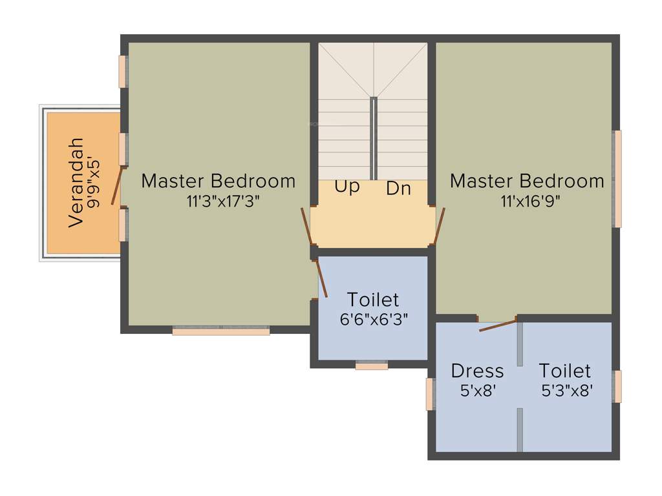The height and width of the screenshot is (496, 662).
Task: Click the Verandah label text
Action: point(76,182)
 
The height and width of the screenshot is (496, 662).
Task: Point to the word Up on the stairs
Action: point(347,187)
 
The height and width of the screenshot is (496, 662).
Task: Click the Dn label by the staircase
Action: point(399,189)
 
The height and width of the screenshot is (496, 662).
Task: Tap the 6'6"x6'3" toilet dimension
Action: point(374,319)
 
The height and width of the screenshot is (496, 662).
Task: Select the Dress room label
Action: point(477,371)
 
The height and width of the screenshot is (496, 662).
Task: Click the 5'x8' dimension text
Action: point(477,390)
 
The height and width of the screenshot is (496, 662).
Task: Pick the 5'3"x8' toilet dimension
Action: point(567,390)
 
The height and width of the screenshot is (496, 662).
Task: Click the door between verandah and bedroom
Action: point(116,185)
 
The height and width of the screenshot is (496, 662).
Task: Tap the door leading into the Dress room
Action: point(498,325)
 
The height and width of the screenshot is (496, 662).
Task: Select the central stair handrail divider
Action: point(374,138)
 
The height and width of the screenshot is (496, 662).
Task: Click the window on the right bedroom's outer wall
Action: point(617,179)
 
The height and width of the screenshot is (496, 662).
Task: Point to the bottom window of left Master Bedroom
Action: point(221,331)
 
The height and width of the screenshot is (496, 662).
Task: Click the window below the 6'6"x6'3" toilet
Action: point(372,366)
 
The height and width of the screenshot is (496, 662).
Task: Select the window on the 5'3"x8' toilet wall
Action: point(617,386)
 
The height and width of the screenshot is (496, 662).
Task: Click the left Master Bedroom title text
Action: point(218,181)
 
